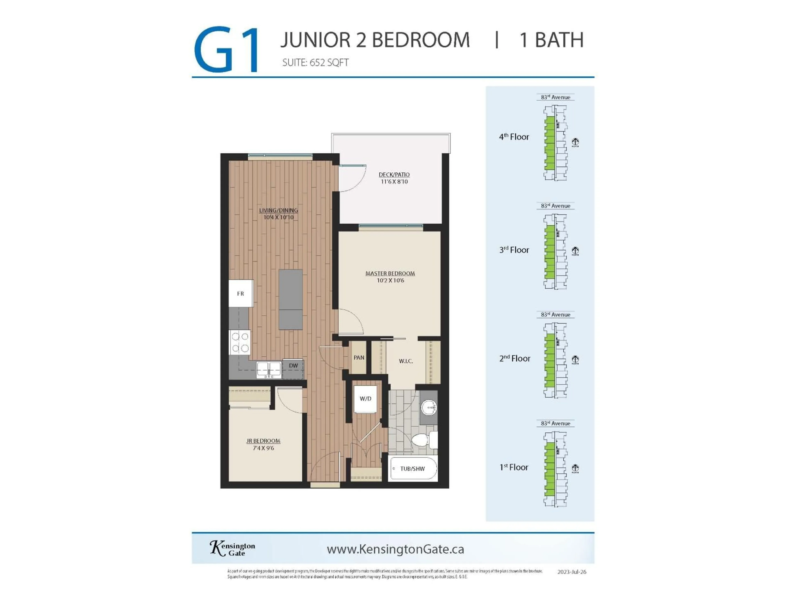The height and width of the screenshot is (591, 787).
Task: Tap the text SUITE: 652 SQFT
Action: pos(315,63)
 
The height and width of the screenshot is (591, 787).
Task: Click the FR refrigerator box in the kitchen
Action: pos(241,293)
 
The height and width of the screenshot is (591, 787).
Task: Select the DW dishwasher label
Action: pos(293,365)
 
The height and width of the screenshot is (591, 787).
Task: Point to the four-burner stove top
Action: pos(240,342)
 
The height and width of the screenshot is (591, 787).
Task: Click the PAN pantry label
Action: pos(359,357)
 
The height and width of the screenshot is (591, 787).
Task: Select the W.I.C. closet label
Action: pos(406,361)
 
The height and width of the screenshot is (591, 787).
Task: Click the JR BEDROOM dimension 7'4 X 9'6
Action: pos(263,448)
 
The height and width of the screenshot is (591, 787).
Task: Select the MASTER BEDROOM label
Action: pos(390,274)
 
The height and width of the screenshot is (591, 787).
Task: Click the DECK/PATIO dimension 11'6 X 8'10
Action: pos(394,182)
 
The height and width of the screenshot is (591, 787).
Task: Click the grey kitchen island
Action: pos(291,299)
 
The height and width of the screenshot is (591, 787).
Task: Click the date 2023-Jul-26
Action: pos(571,572)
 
